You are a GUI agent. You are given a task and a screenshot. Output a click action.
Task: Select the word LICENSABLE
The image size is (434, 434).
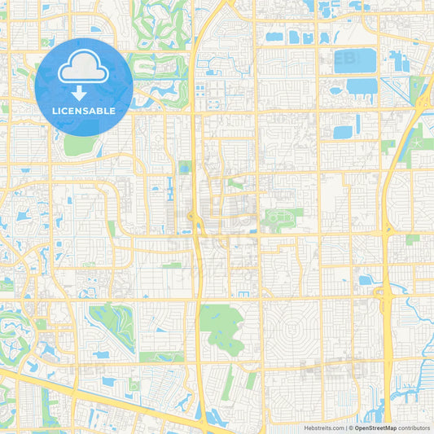tap(84, 110)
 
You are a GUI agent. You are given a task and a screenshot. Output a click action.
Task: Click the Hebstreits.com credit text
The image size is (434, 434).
tap(321, 427)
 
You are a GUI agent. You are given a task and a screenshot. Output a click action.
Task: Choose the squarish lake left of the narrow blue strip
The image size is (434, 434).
tap(343, 131)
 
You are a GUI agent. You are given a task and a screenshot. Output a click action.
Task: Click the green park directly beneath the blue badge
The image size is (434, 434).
tap(78, 145)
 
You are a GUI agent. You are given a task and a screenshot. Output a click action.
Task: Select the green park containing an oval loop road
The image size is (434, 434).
tap(281, 217)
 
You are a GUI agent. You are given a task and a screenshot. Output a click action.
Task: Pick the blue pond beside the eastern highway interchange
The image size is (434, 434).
tap(366, 280)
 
